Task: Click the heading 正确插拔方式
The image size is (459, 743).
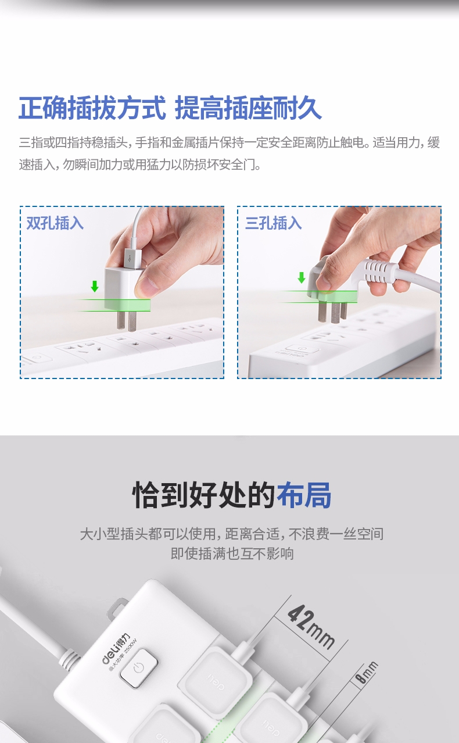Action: (92, 108)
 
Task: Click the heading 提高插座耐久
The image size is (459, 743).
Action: (248, 108)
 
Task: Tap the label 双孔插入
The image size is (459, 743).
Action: (55, 223)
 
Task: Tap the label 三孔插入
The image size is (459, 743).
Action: (274, 223)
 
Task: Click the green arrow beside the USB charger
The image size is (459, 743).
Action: (95, 286)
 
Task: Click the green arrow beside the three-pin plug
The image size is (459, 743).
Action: (301, 278)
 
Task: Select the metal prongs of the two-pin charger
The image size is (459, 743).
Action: (127, 320)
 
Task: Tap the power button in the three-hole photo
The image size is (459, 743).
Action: (301, 349)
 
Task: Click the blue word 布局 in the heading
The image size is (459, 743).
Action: (304, 495)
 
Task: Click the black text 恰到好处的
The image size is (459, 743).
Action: (203, 495)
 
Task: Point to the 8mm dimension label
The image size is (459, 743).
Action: (366, 672)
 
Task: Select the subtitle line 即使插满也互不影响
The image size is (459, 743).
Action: (232, 553)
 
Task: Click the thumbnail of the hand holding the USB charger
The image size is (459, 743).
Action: (122, 292)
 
